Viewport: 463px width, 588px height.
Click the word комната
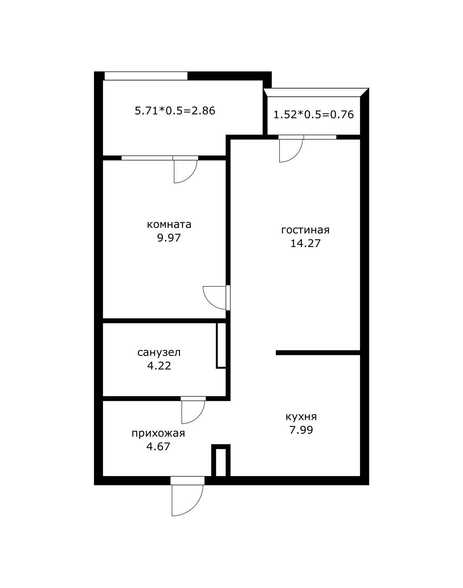(169, 224)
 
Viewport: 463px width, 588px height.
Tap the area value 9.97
(169, 238)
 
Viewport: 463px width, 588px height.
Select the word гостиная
(305, 230)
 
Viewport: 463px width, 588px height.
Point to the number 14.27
(305, 244)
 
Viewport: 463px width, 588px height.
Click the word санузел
(159, 352)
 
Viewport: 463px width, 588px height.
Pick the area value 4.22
(159, 366)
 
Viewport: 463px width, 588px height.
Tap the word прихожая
(158, 433)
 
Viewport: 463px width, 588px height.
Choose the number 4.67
(158, 446)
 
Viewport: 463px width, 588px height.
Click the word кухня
(301, 417)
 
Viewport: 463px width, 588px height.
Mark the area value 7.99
(301, 430)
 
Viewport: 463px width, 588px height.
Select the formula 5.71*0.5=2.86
(175, 111)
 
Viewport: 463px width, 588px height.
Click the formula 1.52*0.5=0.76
(313, 114)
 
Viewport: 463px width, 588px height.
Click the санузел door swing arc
(193, 412)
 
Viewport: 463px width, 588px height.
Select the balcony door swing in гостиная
(290, 150)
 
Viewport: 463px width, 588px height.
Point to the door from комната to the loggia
(185, 170)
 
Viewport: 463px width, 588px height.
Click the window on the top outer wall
(146, 76)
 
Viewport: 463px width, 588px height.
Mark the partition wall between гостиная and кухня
(318, 352)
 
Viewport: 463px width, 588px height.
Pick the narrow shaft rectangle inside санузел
(221, 345)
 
